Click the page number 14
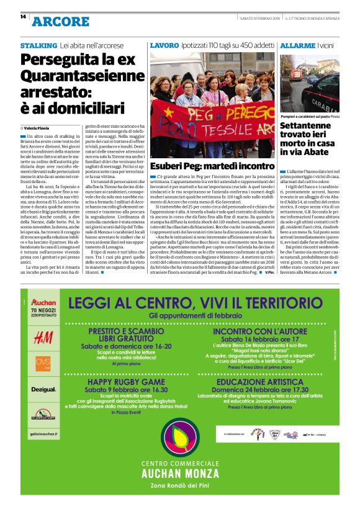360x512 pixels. tap(23, 17)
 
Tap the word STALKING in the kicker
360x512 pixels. tap(38, 46)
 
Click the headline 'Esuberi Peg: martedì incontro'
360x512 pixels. tap(212, 166)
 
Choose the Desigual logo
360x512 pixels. tap(43, 389)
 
